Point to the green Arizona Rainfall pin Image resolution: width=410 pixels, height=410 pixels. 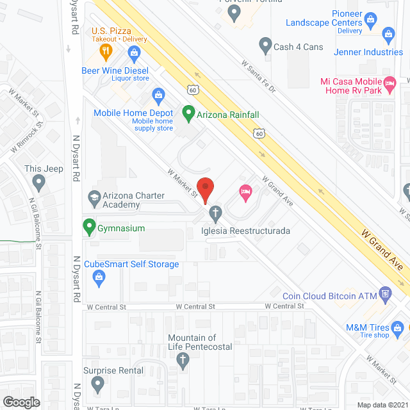pyautogui.click(x=188, y=115)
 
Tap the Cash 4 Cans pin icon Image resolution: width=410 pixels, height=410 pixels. pyautogui.click(x=265, y=45)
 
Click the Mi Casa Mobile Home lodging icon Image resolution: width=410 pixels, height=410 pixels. pyautogui.click(x=388, y=83)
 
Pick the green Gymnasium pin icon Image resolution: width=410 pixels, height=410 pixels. pyautogui.click(x=88, y=226)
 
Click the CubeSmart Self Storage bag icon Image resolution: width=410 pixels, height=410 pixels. pyautogui.click(x=99, y=276)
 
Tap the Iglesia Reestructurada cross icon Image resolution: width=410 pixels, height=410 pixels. pyautogui.click(x=216, y=212)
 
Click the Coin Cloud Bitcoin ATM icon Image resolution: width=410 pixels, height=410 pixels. pyautogui.click(x=385, y=295)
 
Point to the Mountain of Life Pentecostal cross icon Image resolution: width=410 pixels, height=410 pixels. pyautogui.click(x=183, y=361)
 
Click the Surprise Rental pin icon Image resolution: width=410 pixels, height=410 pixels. pyautogui.click(x=97, y=384)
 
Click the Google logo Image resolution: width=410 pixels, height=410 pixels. pyautogui.click(x=20, y=402)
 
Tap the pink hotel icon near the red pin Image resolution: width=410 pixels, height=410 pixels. pyautogui.click(x=244, y=191)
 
